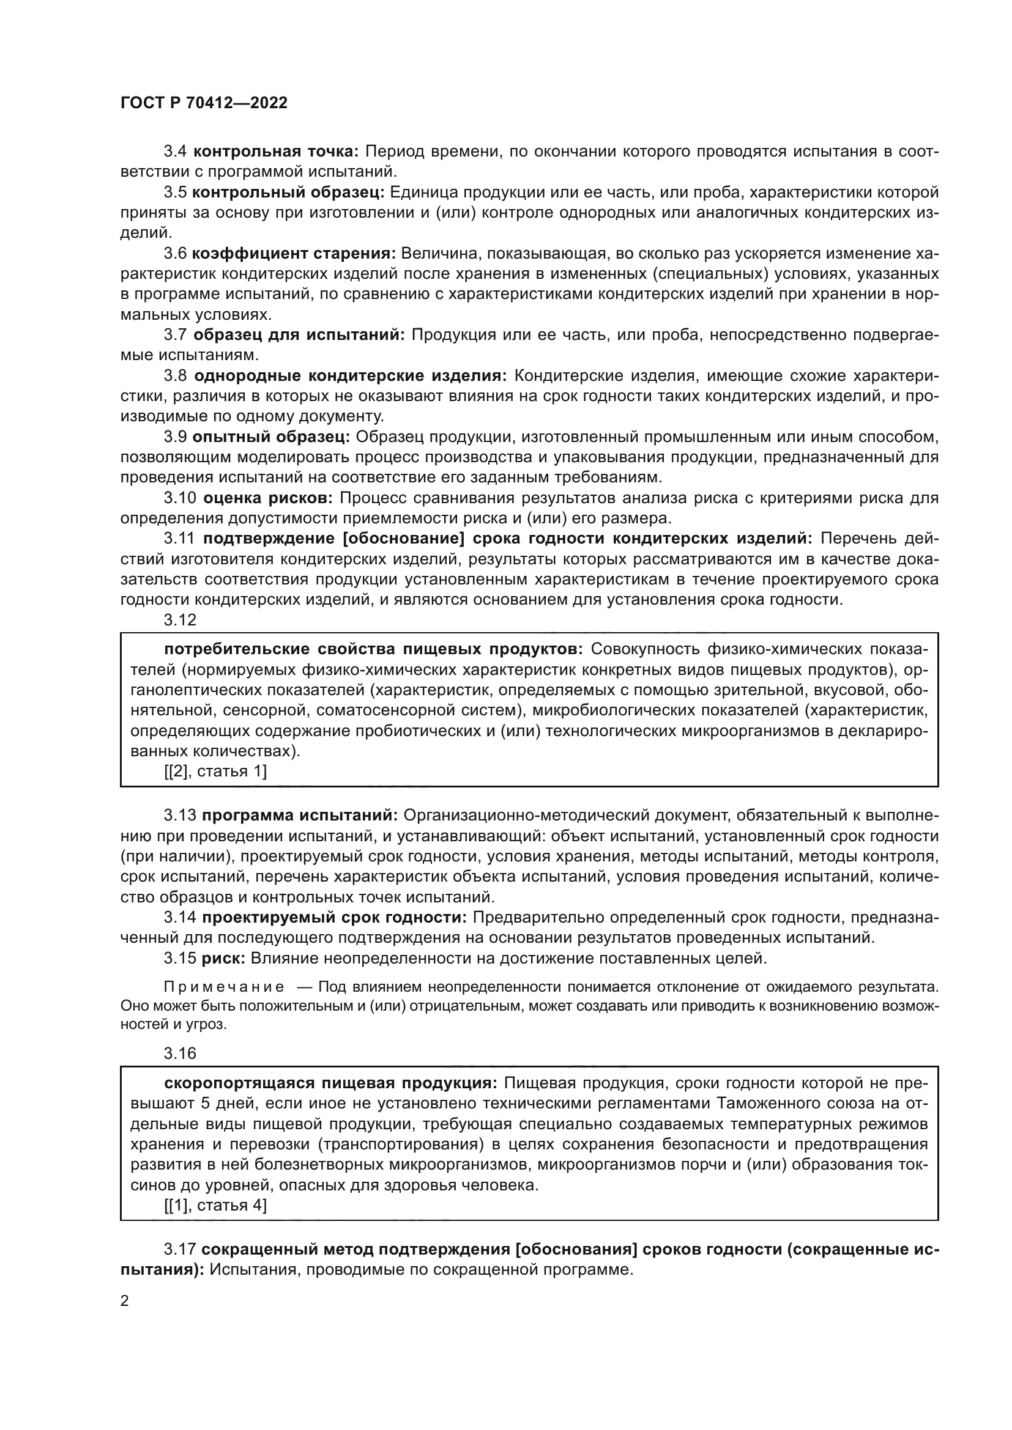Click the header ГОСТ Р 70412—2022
point(204,103)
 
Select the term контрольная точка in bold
point(275,152)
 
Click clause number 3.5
point(175,193)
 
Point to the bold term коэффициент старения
point(294,254)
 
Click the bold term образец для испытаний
point(299,335)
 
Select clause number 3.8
point(175,375)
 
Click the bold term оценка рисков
point(269,498)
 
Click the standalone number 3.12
point(179,621)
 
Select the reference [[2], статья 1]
point(215,772)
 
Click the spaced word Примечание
point(225,987)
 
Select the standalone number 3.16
point(179,1054)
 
